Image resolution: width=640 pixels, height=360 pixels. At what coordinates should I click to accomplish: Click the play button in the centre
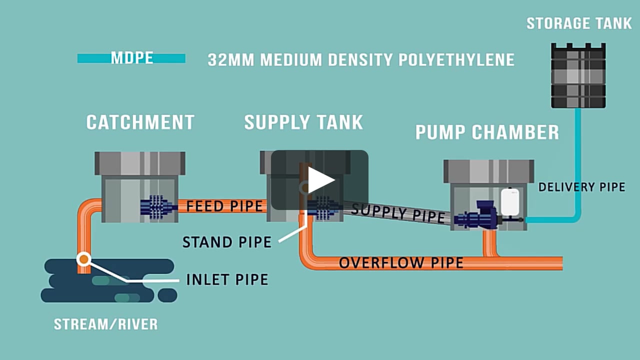[320, 180]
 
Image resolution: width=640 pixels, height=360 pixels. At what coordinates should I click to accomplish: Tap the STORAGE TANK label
[579, 23]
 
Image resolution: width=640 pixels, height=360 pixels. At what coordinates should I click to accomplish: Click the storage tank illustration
[578, 75]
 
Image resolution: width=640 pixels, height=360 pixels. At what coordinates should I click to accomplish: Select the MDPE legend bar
[131, 58]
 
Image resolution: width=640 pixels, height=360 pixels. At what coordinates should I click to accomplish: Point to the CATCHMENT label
[140, 122]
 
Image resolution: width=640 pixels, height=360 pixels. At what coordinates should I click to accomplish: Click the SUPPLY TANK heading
[303, 122]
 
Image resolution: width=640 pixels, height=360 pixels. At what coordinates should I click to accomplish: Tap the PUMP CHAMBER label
[487, 132]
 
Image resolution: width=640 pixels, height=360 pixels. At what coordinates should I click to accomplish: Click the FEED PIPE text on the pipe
[224, 206]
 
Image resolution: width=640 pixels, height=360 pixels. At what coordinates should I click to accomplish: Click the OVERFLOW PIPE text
[401, 263]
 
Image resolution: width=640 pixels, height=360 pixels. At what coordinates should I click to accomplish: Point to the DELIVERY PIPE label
[581, 187]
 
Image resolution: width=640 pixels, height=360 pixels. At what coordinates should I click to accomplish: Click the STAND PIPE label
[226, 242]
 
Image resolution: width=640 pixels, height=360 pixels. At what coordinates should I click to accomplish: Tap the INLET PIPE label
[227, 279]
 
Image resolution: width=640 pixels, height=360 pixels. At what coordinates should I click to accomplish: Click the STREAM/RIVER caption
[105, 324]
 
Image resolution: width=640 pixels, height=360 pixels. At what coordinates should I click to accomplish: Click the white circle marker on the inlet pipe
[83, 259]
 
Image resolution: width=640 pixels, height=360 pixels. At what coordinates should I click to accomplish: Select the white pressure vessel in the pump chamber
[510, 201]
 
